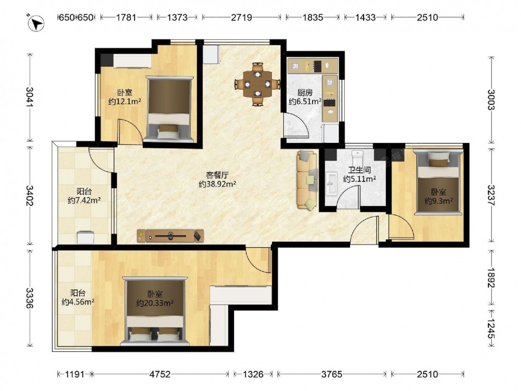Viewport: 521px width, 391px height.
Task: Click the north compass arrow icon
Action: [36, 23]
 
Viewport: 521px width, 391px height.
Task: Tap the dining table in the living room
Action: [257, 84]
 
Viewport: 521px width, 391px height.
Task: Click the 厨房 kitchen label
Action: [305, 92]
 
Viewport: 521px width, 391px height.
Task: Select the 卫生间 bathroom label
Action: [359, 170]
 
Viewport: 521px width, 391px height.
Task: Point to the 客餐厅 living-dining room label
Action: [217, 175]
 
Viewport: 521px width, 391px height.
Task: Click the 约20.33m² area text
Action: [155, 303]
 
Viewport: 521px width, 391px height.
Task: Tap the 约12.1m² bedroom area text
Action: [125, 102]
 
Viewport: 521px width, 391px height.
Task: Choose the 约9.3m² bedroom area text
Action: [439, 201]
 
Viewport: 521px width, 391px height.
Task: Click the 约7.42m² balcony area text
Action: [84, 201]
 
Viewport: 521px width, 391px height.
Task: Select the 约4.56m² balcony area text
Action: [78, 302]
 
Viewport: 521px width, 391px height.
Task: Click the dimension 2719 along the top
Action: [242, 17]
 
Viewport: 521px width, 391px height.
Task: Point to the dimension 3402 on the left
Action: [30, 196]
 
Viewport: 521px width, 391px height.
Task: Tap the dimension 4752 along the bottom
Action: [160, 374]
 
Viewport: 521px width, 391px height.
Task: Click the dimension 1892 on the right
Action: [491, 278]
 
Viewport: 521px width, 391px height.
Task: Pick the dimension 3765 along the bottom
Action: [331, 374]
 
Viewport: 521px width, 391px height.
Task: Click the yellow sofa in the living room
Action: [307, 180]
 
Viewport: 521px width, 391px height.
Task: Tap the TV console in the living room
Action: [170, 236]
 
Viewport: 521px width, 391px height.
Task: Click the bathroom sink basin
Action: [331, 183]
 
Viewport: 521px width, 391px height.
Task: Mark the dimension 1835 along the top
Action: [313, 17]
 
